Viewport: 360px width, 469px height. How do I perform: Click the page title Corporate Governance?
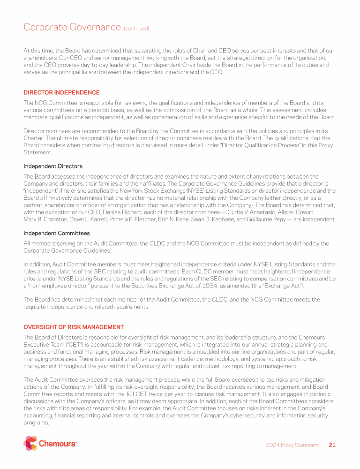(x=72, y=27)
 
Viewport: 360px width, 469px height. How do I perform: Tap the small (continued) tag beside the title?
(x=136, y=29)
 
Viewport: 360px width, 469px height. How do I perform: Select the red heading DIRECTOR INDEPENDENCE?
(x=61, y=92)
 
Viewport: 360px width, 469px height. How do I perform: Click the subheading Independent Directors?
(x=53, y=166)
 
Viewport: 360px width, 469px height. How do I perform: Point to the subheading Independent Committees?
(x=57, y=233)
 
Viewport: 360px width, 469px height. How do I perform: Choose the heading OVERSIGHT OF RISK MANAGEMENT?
(x=74, y=327)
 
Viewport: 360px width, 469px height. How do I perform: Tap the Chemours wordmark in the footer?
(x=58, y=444)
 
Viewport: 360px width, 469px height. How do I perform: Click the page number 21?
(x=332, y=445)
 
